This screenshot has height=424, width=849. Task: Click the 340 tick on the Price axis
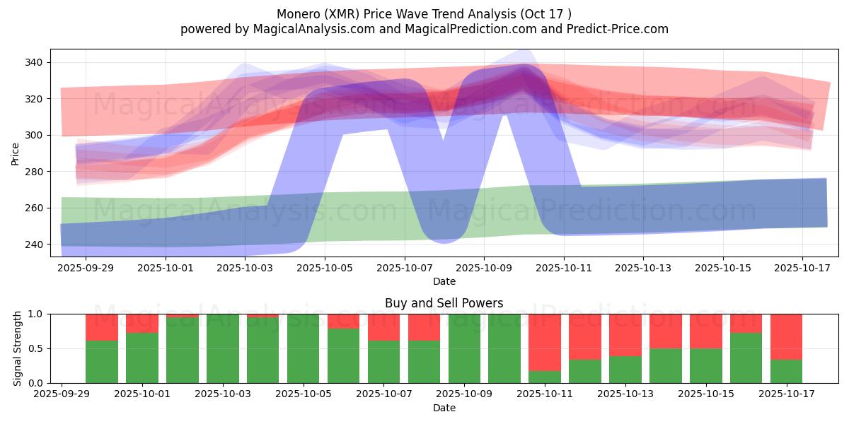[33, 62]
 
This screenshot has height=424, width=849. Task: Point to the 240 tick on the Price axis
[33, 245]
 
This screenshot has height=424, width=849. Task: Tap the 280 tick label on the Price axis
[33, 172]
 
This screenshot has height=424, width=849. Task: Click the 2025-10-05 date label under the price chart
[325, 269]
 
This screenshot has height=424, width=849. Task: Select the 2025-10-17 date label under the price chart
[802, 269]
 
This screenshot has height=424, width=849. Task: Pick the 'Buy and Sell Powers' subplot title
[444, 303]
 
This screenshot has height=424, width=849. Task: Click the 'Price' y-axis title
[16, 153]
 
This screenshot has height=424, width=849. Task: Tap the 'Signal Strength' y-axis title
[17, 348]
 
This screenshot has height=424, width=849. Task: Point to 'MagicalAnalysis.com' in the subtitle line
[315, 29]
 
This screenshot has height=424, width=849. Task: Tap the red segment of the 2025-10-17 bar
[786, 336]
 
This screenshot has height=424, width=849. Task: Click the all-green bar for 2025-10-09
[464, 348]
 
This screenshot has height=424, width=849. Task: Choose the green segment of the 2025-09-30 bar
[102, 362]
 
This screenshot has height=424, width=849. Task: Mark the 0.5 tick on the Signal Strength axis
[41, 348]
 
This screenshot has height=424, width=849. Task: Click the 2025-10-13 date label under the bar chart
[625, 394]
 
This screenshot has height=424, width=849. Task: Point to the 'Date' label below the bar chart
[444, 408]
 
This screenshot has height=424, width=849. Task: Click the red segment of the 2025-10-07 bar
[383, 327]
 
